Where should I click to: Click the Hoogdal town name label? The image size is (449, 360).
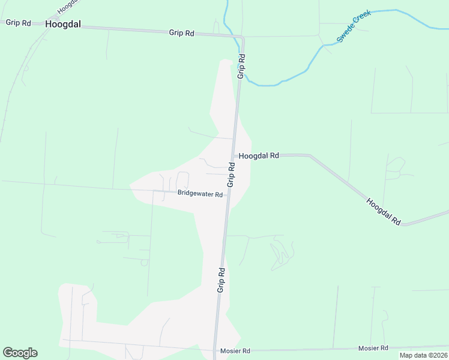pyautogui.click(x=62, y=25)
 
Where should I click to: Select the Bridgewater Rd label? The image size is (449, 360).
pyautogui.click(x=200, y=194)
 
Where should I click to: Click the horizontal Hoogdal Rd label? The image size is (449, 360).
pyautogui.click(x=259, y=155)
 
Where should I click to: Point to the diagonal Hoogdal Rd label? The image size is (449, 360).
pyautogui.click(x=383, y=212)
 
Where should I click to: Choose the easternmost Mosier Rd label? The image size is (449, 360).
pyautogui.click(x=373, y=348)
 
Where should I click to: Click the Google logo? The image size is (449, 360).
pyautogui.click(x=20, y=353)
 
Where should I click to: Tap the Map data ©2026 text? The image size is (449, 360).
pyautogui.click(x=423, y=355)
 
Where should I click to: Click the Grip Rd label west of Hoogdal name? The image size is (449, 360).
pyautogui.click(x=18, y=23)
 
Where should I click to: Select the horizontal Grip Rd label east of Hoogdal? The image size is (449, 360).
pyautogui.click(x=181, y=34)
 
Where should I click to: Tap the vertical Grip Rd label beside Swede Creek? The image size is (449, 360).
pyautogui.click(x=241, y=67)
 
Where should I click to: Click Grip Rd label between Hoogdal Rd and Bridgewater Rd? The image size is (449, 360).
pyautogui.click(x=231, y=174)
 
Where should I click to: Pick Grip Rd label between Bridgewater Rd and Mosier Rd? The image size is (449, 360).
pyautogui.click(x=221, y=280)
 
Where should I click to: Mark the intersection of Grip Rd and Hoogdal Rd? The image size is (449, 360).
pyautogui.click(x=234, y=155)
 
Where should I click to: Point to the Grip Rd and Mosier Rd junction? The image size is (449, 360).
pyautogui.click(x=215, y=350)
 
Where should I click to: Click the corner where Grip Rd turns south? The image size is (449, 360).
pyautogui.click(x=243, y=38)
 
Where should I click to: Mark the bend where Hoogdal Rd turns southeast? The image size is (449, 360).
pyautogui.click(x=310, y=156)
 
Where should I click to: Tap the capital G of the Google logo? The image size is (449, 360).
pyautogui.click(x=8, y=353)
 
